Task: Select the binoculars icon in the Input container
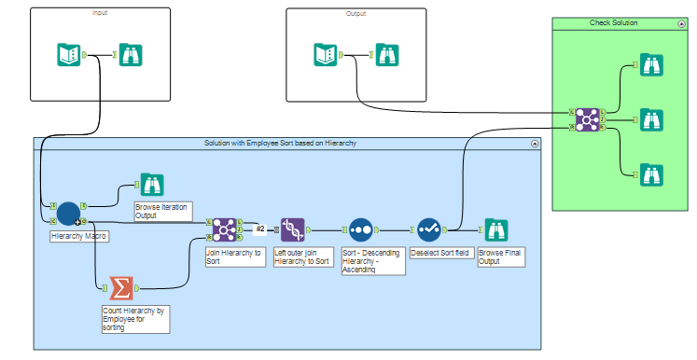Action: click(x=132, y=55)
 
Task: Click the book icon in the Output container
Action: click(x=326, y=55)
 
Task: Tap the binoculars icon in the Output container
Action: click(x=388, y=55)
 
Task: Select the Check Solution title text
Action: click(x=614, y=22)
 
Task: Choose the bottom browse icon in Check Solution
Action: click(x=651, y=173)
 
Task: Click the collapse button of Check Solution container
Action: click(x=681, y=22)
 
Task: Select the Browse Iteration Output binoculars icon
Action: click(x=150, y=185)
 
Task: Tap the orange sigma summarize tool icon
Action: click(x=120, y=288)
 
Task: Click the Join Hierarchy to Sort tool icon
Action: click(x=223, y=228)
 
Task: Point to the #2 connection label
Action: click(x=261, y=228)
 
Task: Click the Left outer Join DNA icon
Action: click(x=293, y=228)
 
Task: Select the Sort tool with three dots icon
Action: click(x=361, y=228)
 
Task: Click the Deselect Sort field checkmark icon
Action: click(x=428, y=228)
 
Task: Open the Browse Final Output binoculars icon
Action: click(x=495, y=228)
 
